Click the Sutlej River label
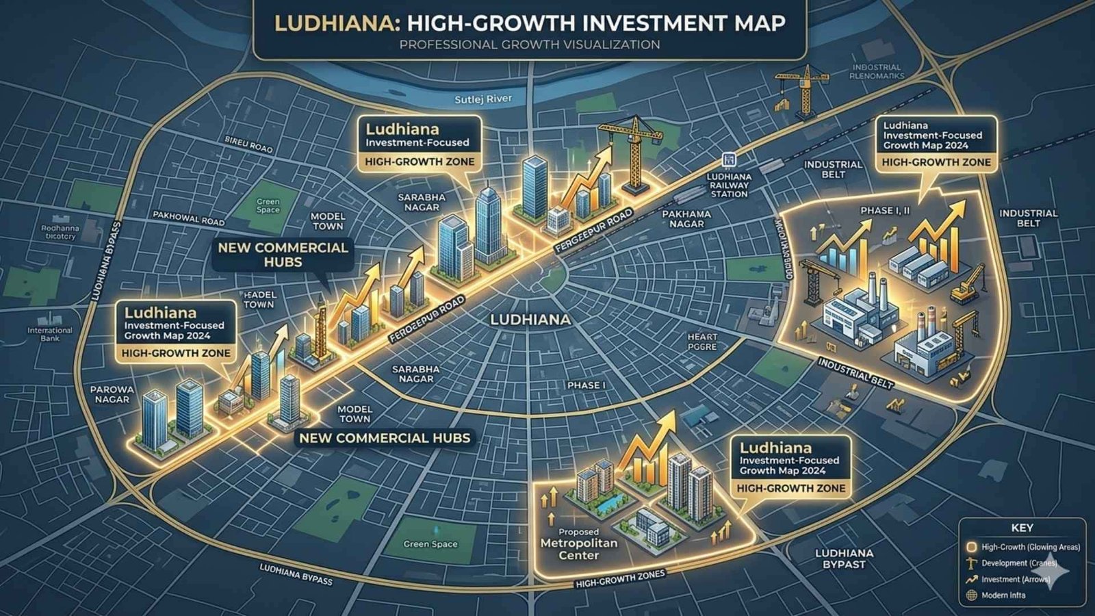click(x=483, y=99)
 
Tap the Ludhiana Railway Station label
click(x=729, y=185)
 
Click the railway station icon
click(x=729, y=159)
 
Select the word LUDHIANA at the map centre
click(x=530, y=320)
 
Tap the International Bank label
click(x=50, y=334)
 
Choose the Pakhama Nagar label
click(x=687, y=219)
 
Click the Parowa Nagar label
click(x=112, y=394)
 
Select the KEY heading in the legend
click(x=1022, y=528)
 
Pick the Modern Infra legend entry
click(x=1003, y=595)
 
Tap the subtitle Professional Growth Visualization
click(x=530, y=44)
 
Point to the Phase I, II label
click(x=885, y=210)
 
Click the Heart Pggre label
click(x=702, y=342)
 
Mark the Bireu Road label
click(x=248, y=144)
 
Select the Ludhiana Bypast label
click(x=844, y=559)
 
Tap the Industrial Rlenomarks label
click(x=876, y=72)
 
